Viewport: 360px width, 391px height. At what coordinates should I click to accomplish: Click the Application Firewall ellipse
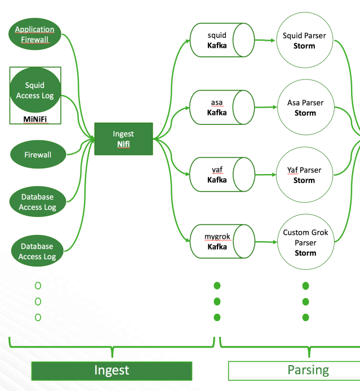click(x=35, y=34)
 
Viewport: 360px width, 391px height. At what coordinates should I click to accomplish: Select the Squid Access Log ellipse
click(x=35, y=91)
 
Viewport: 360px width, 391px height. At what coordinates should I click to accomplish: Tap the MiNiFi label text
click(x=35, y=119)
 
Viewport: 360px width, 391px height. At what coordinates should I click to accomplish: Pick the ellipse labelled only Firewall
click(x=38, y=154)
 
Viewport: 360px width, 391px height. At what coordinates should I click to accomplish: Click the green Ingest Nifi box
click(x=123, y=139)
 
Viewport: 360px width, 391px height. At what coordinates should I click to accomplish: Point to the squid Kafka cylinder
click(x=220, y=40)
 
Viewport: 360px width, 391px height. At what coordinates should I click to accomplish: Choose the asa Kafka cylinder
click(x=220, y=107)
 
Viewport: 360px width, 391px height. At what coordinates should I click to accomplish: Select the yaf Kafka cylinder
click(x=220, y=175)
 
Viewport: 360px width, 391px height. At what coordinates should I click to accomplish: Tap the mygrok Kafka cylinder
click(x=220, y=241)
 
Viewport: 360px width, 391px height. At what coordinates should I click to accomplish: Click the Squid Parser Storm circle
click(x=304, y=40)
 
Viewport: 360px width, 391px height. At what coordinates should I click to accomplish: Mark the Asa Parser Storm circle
click(x=304, y=108)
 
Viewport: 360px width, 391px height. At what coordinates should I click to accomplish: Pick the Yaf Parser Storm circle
click(x=304, y=175)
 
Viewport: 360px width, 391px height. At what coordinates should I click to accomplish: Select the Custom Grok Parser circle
click(x=304, y=242)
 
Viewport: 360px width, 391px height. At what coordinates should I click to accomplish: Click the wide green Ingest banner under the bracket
click(x=112, y=370)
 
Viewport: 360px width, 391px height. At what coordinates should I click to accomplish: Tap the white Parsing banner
click(x=294, y=370)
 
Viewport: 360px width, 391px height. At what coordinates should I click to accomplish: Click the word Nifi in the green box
click(x=123, y=145)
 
